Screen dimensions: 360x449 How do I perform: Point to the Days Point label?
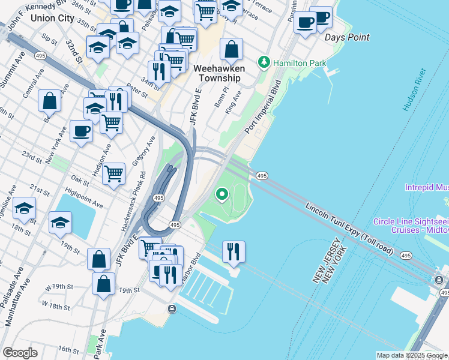(347, 37)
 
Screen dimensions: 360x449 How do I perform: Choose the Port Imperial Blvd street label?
(263, 107)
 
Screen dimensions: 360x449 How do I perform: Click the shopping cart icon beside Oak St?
(113, 174)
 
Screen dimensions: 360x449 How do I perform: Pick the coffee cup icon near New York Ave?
(81, 130)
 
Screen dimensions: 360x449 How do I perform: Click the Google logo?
(20, 353)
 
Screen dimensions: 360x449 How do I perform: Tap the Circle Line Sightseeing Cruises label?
(411, 226)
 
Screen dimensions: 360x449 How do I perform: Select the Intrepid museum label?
(427, 188)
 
